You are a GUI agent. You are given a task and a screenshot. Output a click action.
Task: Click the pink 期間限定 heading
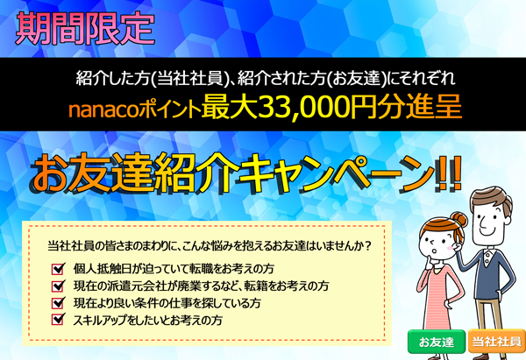coord(85,29)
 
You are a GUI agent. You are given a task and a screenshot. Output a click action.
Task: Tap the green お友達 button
coord(437,342)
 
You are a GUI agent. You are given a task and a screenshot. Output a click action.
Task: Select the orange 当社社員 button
coord(497,342)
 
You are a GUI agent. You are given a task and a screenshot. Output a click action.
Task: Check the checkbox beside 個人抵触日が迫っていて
coord(58,269)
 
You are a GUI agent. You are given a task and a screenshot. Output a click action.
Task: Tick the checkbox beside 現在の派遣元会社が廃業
coord(58,286)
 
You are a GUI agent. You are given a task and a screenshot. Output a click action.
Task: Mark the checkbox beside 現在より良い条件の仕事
coord(58,303)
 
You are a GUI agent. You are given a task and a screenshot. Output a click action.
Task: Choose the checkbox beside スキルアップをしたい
coord(58,320)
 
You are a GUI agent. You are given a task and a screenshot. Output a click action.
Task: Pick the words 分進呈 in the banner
coord(419,108)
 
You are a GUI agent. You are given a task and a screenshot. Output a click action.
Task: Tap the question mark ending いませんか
coord(367,246)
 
